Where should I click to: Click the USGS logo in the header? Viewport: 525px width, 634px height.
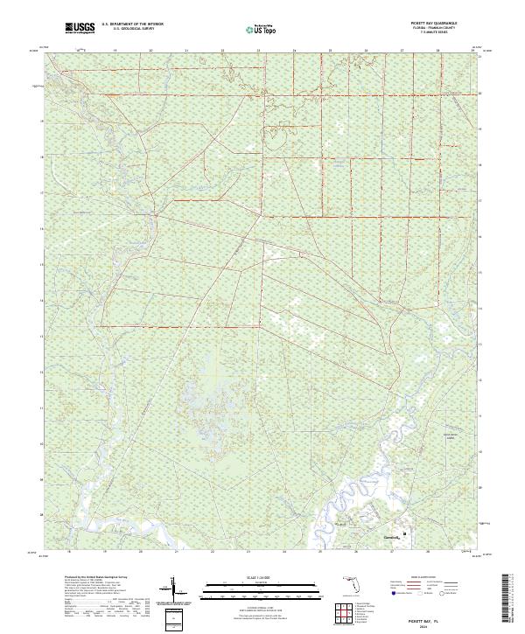(x=80, y=29)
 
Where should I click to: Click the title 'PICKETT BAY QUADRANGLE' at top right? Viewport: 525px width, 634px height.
(x=430, y=23)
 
